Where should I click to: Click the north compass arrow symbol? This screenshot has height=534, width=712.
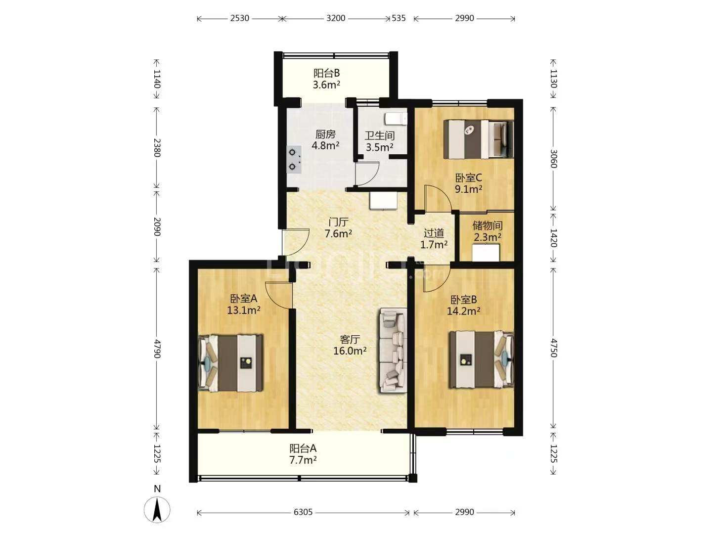(157, 510)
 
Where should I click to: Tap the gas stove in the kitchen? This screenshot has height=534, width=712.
(294, 160)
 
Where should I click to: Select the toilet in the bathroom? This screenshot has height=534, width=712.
(396, 119)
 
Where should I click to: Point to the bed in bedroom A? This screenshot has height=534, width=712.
(230, 363)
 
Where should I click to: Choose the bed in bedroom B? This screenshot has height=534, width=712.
(482, 359)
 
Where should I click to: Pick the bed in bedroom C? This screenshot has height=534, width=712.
(479, 139)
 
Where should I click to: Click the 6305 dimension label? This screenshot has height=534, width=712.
(303, 512)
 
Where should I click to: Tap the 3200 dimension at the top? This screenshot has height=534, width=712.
(336, 18)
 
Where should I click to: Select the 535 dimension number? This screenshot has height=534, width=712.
(399, 18)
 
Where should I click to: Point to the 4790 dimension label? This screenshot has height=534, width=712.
(157, 349)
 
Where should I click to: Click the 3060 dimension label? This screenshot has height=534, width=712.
(553, 159)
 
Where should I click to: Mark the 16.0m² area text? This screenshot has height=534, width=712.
(350, 351)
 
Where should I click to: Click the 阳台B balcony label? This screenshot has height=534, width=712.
(326, 73)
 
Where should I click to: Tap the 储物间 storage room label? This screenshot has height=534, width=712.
(487, 225)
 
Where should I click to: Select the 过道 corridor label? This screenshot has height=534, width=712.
(434, 233)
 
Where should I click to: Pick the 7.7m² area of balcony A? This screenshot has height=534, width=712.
(303, 460)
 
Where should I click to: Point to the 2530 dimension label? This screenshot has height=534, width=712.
(240, 18)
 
